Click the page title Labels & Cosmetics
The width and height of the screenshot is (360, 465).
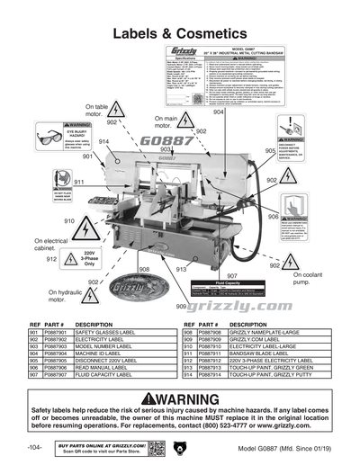coord(180,33)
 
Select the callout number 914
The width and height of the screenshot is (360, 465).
coord(104,142)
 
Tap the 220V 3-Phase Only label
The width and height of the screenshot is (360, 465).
coord(89,258)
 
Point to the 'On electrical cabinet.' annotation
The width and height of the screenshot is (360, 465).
coord(50,246)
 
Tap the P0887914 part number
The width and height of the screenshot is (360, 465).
coord(207,375)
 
